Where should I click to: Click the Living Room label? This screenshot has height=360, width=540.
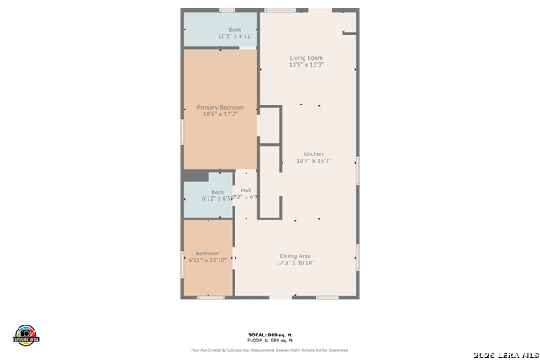coord(306,58)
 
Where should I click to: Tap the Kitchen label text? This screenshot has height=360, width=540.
coord(314,154)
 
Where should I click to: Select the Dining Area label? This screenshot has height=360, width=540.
coord(295,255)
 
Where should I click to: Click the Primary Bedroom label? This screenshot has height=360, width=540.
coord(220,107)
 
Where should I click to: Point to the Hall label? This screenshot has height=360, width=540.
coord(246,191)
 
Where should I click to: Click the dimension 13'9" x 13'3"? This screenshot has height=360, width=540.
coord(306,65)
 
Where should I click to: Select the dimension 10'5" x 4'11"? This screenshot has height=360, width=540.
coord(235,36)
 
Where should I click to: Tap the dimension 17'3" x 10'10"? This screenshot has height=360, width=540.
coord(295,262)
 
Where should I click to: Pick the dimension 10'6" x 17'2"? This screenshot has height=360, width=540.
coord(220,114)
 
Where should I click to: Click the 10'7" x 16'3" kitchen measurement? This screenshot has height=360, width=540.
coord(314,161)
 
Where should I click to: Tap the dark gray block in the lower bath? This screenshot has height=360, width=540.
coord(196,176)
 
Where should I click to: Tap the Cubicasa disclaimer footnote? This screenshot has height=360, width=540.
coord(269,349)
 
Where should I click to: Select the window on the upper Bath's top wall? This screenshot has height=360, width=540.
coord(226,10)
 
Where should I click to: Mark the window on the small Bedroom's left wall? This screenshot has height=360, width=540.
coord(182,264)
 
